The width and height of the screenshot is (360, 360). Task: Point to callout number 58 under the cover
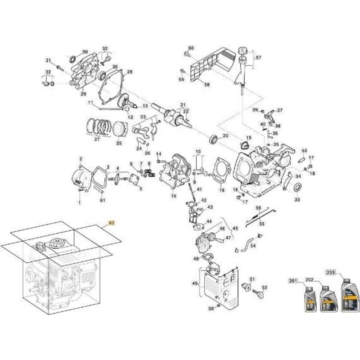[x=207, y=84]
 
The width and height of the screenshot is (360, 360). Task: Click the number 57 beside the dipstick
[x=258, y=58]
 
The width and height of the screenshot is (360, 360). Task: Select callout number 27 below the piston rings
[x=97, y=139]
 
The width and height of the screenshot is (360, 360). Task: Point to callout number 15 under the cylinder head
[x=173, y=197]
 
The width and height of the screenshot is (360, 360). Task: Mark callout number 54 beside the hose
[x=252, y=246]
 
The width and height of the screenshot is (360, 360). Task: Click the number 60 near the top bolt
[x=191, y=48]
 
